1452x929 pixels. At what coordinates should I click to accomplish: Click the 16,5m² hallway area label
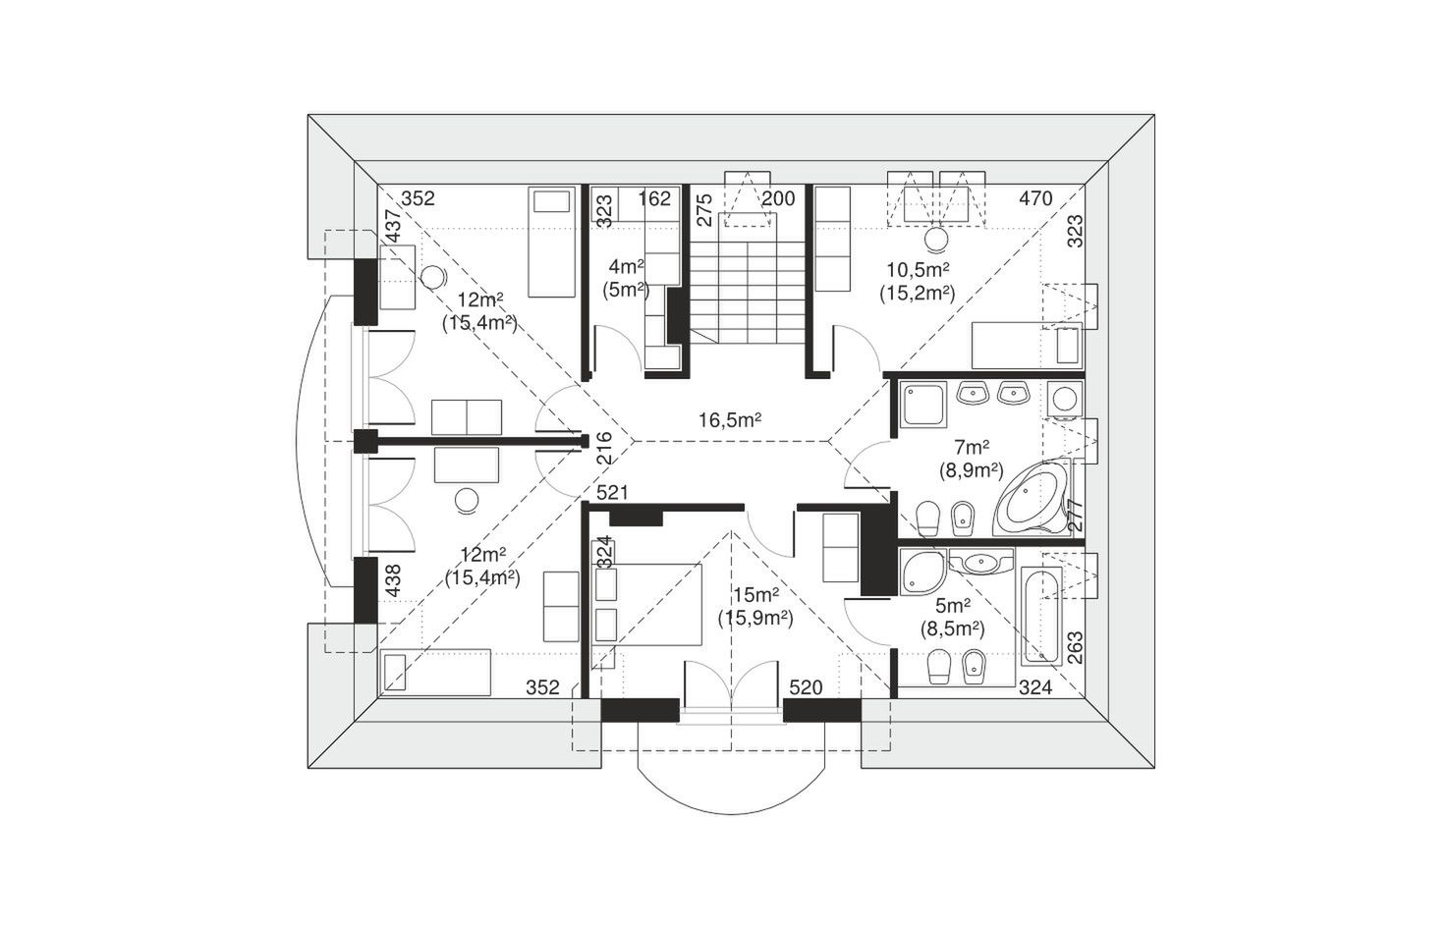coord(729,419)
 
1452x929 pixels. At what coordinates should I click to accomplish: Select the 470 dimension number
coord(1035,198)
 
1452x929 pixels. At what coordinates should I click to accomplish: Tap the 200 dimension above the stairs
coord(778,198)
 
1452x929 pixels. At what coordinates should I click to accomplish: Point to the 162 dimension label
coord(654,198)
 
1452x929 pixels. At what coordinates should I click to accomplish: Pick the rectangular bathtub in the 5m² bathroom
coord(1041,616)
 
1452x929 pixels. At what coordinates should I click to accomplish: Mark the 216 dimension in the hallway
coord(603,448)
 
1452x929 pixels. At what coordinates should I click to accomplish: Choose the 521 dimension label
coord(612,492)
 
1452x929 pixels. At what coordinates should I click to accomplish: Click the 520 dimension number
coord(806,686)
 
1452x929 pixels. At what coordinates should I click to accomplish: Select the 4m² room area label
coord(626,266)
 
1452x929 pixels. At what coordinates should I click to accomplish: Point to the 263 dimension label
coord(1074,648)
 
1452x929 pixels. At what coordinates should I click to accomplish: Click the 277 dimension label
coord(1074,516)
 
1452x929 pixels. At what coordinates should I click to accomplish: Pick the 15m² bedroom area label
coord(755,594)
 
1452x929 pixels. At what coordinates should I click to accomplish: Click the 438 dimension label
coord(393,581)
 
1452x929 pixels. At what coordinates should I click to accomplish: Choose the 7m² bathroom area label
coord(972,447)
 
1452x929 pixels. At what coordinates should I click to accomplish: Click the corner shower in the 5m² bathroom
coord(922,573)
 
